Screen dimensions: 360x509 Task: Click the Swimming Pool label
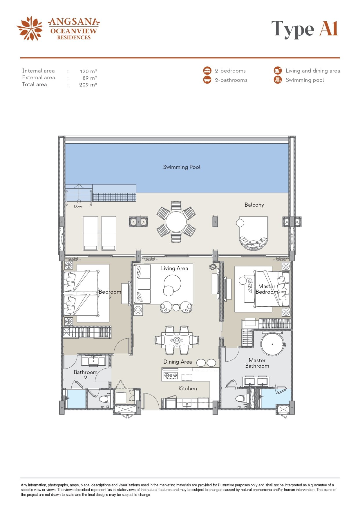[182, 167]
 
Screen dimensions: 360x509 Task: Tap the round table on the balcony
[176, 222]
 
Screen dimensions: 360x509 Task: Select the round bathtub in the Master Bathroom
[272, 344]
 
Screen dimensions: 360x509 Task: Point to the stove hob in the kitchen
[171, 375]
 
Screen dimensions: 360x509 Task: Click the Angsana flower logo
[30, 28]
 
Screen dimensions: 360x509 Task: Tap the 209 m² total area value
[88, 85]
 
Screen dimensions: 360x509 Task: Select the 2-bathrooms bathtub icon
[207, 80]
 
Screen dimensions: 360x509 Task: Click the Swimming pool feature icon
[278, 80]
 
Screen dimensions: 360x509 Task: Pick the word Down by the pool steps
[79, 206]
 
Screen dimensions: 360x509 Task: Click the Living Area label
[175, 268]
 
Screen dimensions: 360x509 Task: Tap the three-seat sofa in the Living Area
[142, 284]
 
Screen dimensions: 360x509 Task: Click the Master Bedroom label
[267, 289]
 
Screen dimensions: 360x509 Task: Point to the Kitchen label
[188, 389]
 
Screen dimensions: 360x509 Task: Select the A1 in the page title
[329, 29]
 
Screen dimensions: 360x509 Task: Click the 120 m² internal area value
[88, 71]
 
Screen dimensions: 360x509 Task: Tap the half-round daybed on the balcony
[254, 233]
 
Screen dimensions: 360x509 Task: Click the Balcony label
[254, 205]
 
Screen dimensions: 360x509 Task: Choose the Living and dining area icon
[278, 71]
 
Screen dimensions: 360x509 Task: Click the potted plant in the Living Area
[213, 267]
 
